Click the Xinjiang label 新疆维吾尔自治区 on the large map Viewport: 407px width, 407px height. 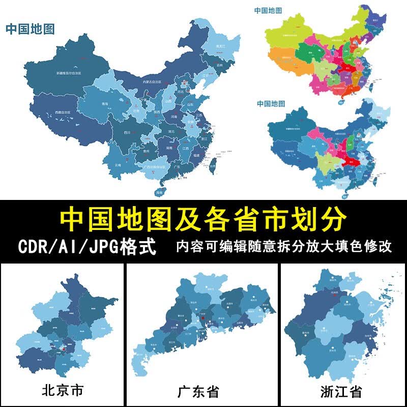coord(76,73)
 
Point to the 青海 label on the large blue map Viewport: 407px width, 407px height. coord(105,104)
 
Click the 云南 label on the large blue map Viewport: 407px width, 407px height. coord(118,165)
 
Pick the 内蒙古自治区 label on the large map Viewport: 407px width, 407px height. coord(152,82)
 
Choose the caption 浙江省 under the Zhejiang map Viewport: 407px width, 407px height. coord(341,392)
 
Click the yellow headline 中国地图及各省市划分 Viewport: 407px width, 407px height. coord(203,220)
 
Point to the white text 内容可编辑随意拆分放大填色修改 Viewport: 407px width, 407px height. coord(283,247)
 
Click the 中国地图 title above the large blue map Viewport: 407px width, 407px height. coord(30,28)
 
